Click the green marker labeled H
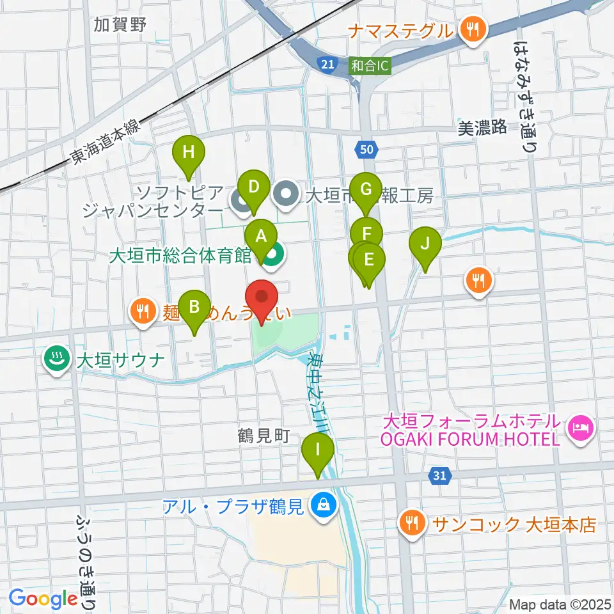188,153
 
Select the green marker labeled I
318,450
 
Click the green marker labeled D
254,188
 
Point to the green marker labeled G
366,190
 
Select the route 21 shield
327,63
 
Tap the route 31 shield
439,476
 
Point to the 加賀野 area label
120,25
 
